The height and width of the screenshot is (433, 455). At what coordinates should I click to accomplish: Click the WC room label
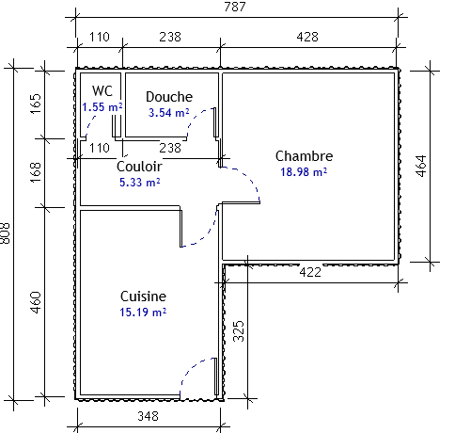pyautogui.click(x=102, y=91)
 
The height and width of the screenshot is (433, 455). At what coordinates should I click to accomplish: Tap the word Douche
pyautogui.click(x=169, y=97)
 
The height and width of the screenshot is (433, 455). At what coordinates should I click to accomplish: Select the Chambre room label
pyautogui.click(x=304, y=156)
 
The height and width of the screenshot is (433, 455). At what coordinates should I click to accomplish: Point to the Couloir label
pyautogui.click(x=139, y=167)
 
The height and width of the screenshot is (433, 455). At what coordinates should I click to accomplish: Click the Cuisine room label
pyautogui.click(x=143, y=297)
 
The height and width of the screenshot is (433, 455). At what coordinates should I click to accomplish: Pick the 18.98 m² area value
pyautogui.click(x=304, y=172)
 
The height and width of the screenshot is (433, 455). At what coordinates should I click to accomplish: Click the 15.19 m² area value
pyautogui.click(x=143, y=313)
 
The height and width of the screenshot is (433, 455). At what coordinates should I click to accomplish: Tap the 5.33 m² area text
pyautogui.click(x=140, y=183)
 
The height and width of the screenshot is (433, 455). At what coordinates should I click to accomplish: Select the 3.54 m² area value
pyautogui.click(x=169, y=112)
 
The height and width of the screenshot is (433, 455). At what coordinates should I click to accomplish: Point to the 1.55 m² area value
pyautogui.click(x=102, y=107)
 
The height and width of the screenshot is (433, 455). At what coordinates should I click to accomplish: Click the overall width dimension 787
pyautogui.click(x=235, y=7)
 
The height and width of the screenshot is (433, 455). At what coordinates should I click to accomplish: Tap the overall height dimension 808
pyautogui.click(x=6, y=233)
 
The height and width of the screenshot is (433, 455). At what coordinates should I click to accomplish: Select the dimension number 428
pyautogui.click(x=307, y=37)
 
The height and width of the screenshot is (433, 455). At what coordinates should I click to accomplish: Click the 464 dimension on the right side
pyautogui.click(x=422, y=166)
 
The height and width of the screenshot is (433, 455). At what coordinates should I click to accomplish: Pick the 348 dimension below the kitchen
pyautogui.click(x=148, y=416)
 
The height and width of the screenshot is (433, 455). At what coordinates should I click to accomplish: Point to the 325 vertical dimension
pyautogui.click(x=239, y=330)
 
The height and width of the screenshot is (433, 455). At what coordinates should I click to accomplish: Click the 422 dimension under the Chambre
pyautogui.click(x=310, y=272)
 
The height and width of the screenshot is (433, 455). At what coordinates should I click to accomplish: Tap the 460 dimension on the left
pyautogui.click(x=36, y=302)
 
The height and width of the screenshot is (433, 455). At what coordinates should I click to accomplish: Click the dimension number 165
pyautogui.click(x=36, y=104)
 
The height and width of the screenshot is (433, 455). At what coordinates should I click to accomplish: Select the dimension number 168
pyautogui.click(x=36, y=172)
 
